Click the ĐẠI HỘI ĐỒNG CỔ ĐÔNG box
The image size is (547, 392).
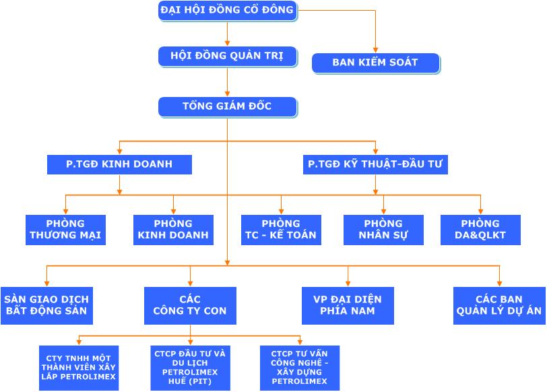227,10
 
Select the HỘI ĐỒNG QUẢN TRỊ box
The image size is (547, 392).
227,57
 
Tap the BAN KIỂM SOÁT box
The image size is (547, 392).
375,63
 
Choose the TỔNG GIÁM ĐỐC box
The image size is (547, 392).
227,106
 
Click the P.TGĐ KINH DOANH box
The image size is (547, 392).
119,164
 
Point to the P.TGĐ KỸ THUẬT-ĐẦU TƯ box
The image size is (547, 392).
375,164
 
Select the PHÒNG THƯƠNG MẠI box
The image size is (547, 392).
66,230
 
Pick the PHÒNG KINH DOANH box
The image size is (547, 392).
173,230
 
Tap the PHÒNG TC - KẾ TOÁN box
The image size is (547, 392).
281,230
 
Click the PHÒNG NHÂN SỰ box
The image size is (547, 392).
383,230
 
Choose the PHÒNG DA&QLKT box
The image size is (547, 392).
480,230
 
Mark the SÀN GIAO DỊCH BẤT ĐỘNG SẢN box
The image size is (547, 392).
46,305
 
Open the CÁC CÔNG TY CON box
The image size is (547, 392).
190,305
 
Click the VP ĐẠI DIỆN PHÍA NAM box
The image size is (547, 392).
348,305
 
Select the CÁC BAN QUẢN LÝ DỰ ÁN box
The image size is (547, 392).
499,305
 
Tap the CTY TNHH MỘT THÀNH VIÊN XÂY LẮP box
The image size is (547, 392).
79,367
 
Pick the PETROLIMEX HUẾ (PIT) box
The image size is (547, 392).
189,367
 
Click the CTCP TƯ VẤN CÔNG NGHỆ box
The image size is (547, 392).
300,367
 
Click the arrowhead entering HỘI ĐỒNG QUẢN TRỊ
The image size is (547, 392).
227,44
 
